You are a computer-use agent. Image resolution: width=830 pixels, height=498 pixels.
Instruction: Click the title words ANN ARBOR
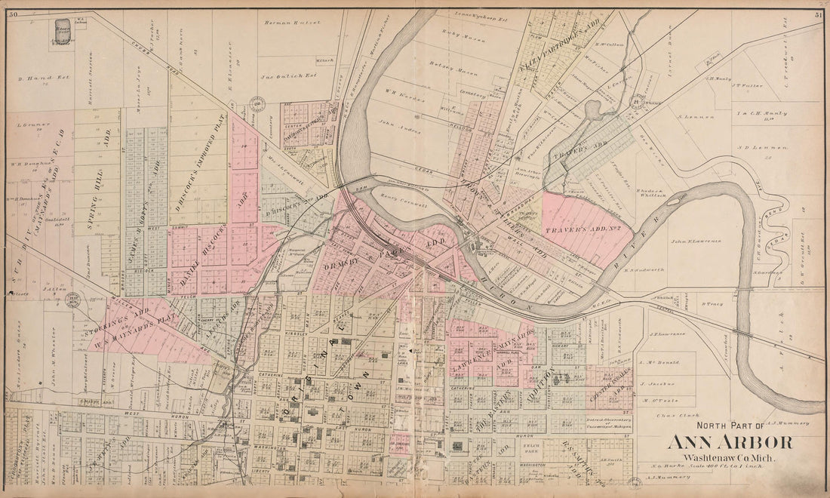point(728,443)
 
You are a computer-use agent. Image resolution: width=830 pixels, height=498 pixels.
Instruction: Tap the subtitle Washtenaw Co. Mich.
point(727,458)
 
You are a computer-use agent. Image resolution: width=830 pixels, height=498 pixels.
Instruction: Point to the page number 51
point(818,14)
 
